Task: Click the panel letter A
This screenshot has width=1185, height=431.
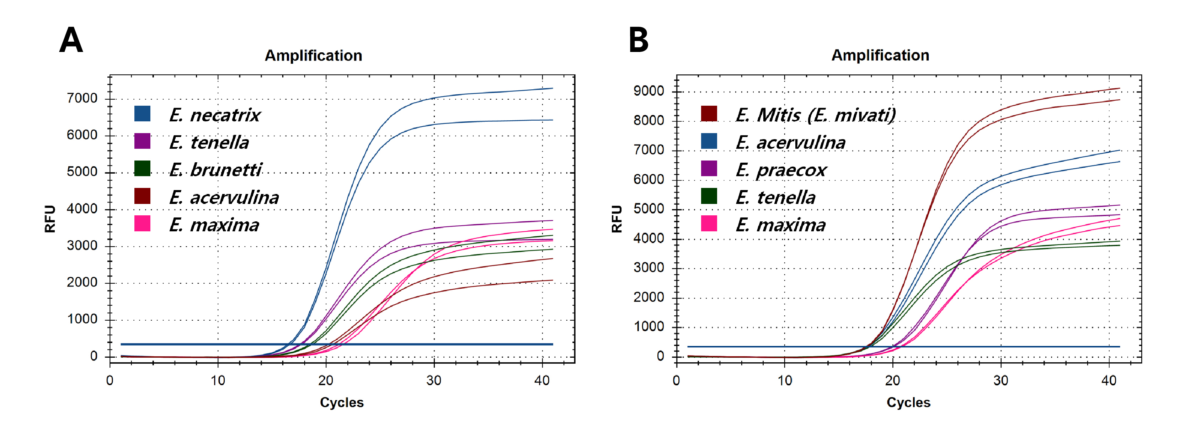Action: click(71, 40)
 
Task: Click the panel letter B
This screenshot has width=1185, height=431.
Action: click(639, 40)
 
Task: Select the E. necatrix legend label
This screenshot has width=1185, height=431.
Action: click(214, 115)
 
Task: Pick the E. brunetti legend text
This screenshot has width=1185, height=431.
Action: click(215, 170)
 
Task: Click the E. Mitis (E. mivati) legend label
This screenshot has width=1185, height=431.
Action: click(815, 115)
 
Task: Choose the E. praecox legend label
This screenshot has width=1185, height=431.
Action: click(781, 170)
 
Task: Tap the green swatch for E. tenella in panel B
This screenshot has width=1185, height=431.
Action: click(709, 196)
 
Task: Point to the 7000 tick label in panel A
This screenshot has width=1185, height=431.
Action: click(82, 98)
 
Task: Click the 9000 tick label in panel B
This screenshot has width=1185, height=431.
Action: click(648, 91)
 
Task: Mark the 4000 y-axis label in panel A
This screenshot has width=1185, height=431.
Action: click(82, 209)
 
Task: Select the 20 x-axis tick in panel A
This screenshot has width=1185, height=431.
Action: click(326, 380)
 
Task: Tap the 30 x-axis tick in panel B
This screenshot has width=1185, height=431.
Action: click(1000, 380)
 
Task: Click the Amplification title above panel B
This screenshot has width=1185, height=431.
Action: click(880, 55)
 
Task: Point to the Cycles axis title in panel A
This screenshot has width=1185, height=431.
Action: click(342, 403)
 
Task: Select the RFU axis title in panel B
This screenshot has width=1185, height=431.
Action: click(616, 219)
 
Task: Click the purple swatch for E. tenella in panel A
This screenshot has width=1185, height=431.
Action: click(142, 141)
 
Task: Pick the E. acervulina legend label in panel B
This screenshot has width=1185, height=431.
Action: click(790, 142)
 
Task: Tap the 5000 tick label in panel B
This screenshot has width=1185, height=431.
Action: click(648, 209)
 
